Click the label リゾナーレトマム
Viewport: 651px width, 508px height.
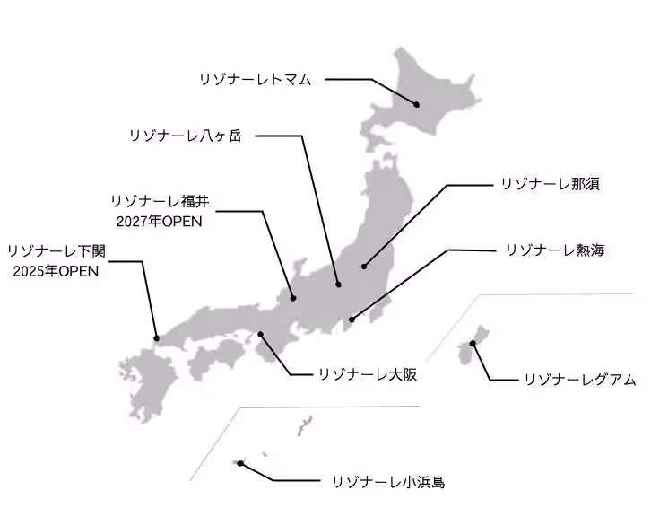coord(256,80)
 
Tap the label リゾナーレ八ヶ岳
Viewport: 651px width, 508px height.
coord(186,136)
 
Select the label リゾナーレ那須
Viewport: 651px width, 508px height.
coord(549,185)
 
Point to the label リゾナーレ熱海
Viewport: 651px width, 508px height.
coord(555,250)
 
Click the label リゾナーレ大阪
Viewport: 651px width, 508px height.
coord(368,373)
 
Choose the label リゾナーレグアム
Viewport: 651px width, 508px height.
coord(579,381)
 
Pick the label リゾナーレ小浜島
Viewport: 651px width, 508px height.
coord(387,482)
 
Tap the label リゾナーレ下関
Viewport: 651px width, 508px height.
coord(56,250)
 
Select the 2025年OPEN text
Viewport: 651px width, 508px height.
coord(57,270)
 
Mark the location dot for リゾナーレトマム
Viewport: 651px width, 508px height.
coord(417,104)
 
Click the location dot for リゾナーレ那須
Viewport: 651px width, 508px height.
coord(364,266)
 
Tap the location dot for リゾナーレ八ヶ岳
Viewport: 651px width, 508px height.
coord(338,284)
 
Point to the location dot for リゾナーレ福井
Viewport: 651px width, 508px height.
coord(293,298)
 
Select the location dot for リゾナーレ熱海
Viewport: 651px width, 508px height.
coord(352,319)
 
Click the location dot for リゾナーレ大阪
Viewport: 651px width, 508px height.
coord(260,335)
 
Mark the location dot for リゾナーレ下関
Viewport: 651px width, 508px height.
coord(157,338)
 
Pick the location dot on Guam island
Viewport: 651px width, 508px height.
coord(473,344)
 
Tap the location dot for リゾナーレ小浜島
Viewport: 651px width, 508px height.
coord(240,463)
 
